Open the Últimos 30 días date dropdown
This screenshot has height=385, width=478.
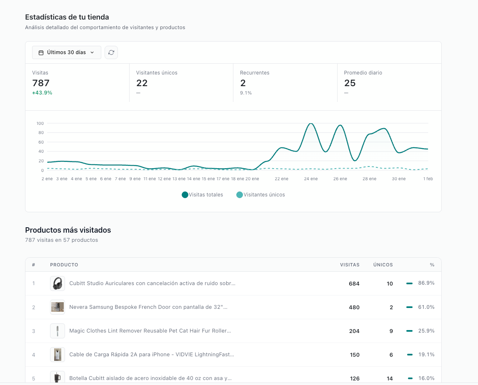tap(67, 52)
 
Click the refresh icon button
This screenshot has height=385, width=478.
tap(111, 52)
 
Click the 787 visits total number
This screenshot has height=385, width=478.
tap(41, 83)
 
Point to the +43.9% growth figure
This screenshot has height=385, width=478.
tap(42, 93)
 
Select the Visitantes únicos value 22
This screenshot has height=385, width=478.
tap(142, 83)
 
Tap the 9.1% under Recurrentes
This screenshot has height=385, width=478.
tap(246, 93)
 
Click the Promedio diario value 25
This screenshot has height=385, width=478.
tap(350, 83)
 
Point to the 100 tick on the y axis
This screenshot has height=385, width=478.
tap(40, 123)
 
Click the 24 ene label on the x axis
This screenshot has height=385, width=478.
tap(310, 179)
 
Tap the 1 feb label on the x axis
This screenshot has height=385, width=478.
tap(428, 179)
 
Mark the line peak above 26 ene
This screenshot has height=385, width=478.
tap(340, 125)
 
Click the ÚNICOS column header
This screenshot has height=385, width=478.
tap(383, 265)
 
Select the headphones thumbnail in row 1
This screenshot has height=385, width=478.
tap(58, 283)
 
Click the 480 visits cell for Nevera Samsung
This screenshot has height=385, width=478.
tap(354, 307)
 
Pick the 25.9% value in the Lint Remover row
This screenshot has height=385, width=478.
tap(426, 331)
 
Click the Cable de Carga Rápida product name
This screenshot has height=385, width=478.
tap(152, 355)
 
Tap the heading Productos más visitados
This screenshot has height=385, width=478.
tap(68, 230)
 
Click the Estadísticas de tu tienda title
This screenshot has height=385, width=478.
tap(67, 17)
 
